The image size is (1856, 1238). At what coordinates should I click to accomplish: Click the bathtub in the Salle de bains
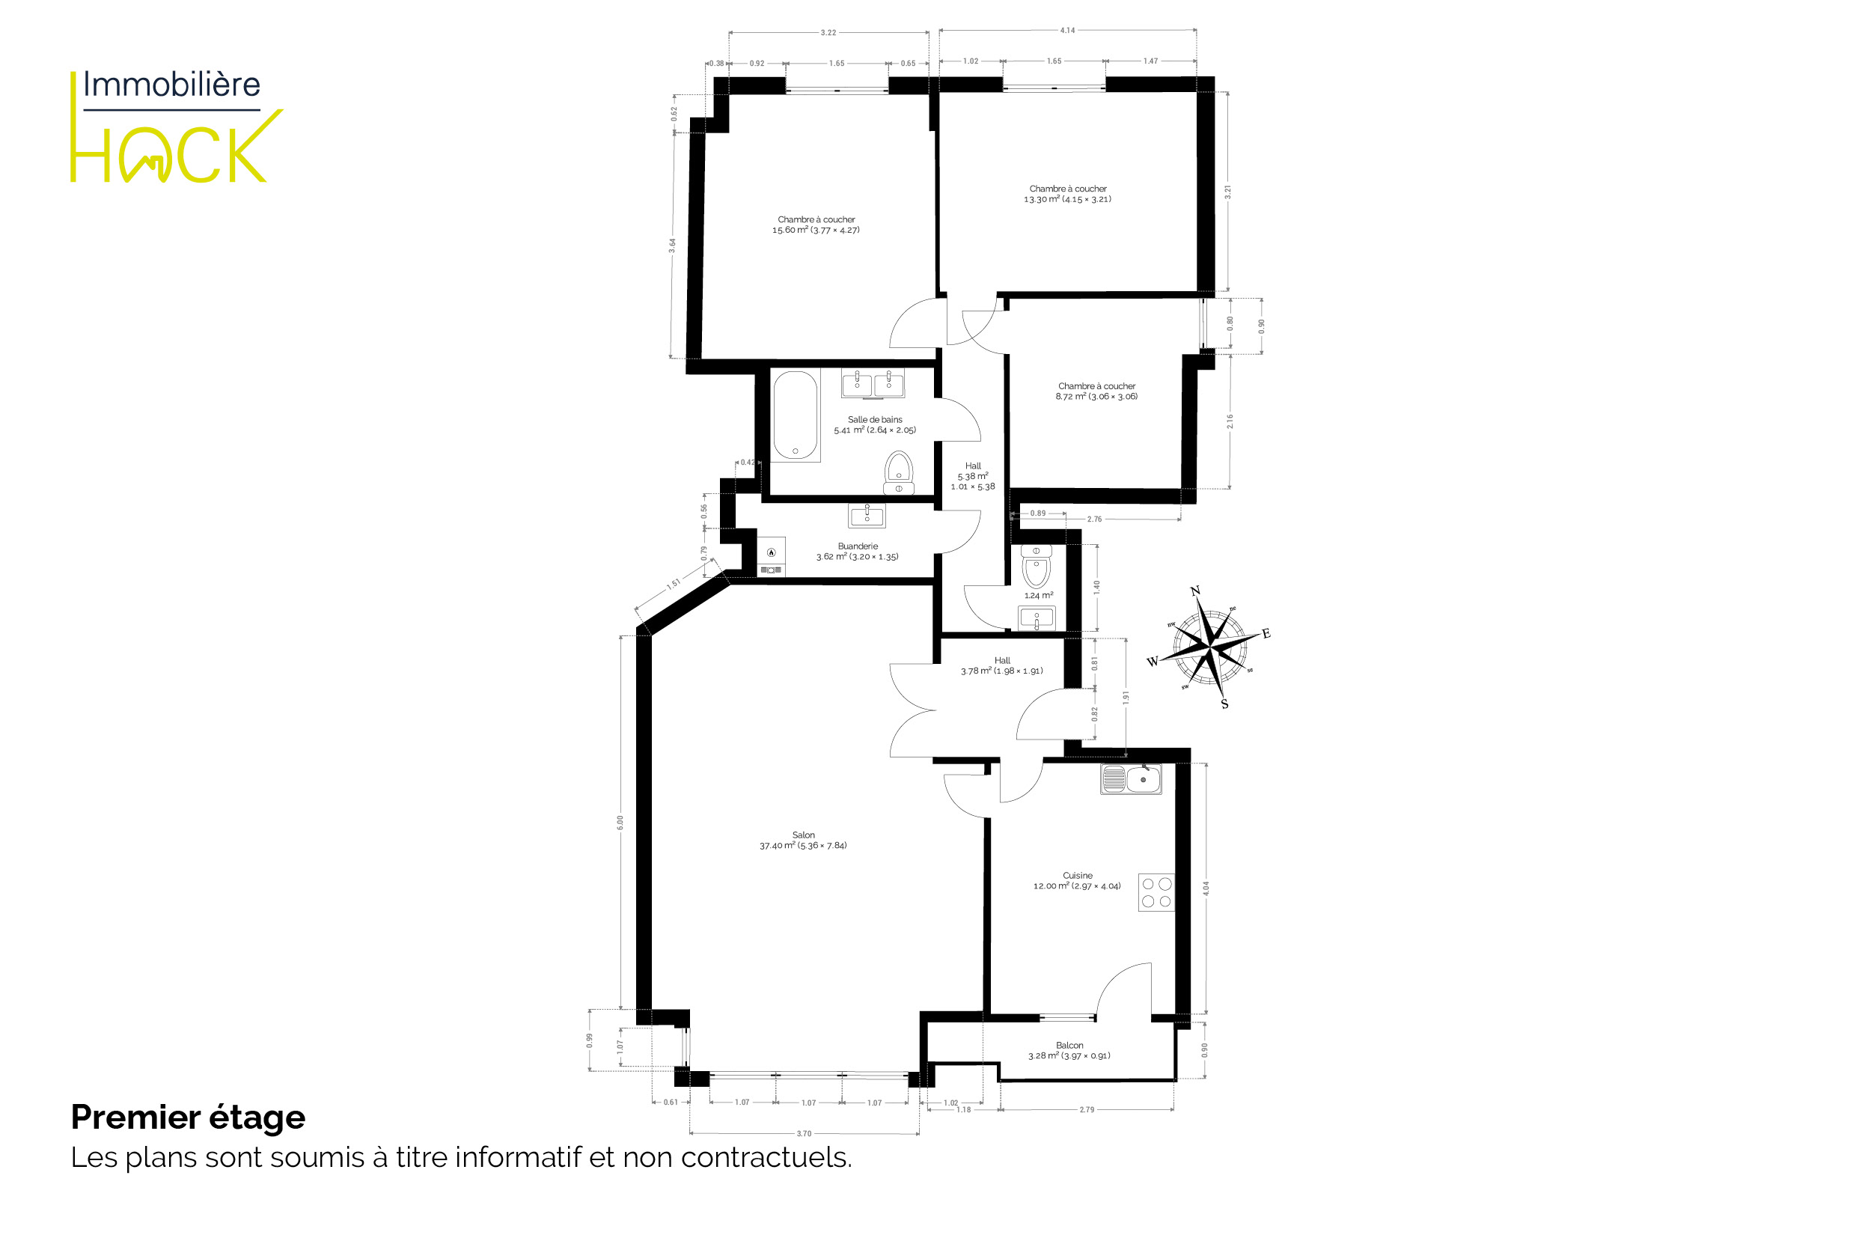(795, 415)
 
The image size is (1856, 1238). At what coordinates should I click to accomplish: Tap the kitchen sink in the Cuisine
(1132, 779)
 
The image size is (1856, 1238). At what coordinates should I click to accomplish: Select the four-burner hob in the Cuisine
(1156, 892)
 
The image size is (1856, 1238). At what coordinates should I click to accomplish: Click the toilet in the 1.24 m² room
(1036, 565)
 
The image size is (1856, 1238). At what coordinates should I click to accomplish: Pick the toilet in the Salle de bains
(898, 472)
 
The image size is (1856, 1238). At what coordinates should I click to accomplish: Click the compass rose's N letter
(1195, 591)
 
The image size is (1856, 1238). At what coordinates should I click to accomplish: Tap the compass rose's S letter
(1224, 704)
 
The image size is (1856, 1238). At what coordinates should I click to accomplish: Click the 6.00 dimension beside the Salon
(620, 822)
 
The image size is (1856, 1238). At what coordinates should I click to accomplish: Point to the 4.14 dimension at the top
(1067, 30)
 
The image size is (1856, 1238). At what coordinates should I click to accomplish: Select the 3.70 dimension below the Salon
(804, 1134)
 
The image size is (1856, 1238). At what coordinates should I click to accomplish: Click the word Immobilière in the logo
(172, 85)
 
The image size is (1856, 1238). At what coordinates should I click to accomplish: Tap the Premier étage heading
(188, 1117)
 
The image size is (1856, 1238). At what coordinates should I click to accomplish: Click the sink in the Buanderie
(867, 516)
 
